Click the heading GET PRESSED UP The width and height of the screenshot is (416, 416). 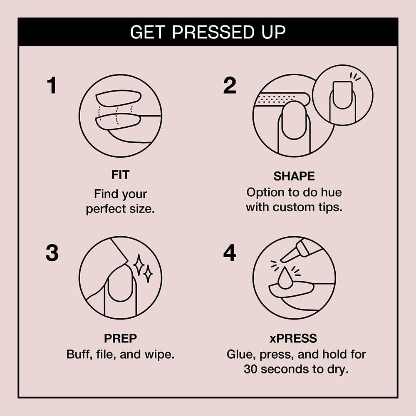pyautogui.click(x=208, y=32)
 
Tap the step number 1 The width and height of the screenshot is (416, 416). pyautogui.click(x=51, y=85)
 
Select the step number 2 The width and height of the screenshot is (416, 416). pyautogui.click(x=230, y=85)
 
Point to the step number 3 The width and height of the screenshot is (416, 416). pyautogui.click(x=52, y=253)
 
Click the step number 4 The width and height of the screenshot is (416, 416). pyautogui.click(x=230, y=253)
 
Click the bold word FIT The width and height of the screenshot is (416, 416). pyautogui.click(x=120, y=175)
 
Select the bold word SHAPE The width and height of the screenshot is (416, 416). pyautogui.click(x=294, y=176)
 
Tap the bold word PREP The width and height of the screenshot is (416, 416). pyautogui.click(x=120, y=339)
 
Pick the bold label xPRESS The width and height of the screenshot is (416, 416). pyautogui.click(x=294, y=339)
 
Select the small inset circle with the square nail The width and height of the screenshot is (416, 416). pyautogui.click(x=342, y=95)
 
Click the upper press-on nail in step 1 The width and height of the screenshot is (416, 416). pyautogui.click(x=119, y=98)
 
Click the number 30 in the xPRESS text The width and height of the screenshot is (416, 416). pyautogui.click(x=251, y=369)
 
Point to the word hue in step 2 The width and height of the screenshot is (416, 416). pyautogui.click(x=330, y=193)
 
